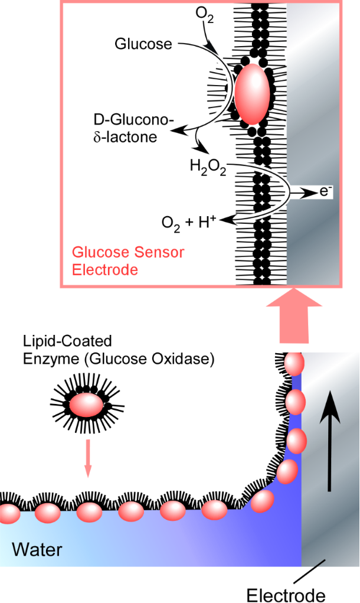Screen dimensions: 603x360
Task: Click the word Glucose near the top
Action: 143,44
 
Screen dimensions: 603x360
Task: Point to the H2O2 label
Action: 207,167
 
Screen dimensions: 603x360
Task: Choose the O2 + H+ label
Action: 189,222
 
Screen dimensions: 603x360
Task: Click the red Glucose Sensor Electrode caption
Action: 127,261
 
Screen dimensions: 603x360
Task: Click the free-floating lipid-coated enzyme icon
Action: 86,406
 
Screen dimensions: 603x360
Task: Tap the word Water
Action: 37,550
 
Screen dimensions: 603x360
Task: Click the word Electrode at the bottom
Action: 285,594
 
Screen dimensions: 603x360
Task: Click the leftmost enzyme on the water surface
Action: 7,512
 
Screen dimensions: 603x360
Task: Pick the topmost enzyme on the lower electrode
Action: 293,363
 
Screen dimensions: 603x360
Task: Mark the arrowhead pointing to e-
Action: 309,193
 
